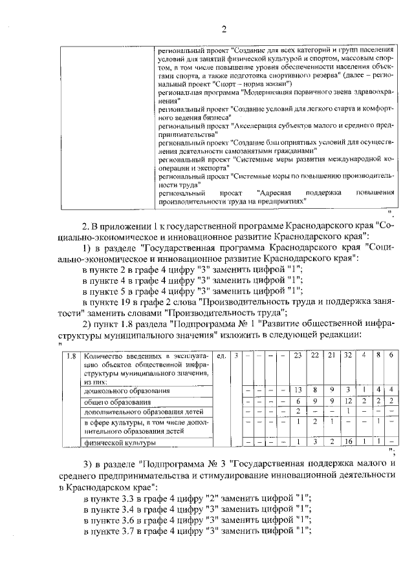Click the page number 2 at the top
[223, 28]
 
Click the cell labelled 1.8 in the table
[72, 356]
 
